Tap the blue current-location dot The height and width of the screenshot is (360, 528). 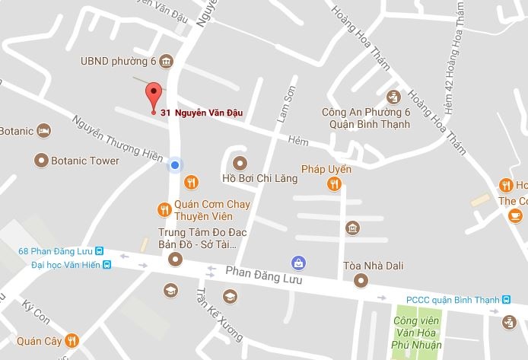(175, 165)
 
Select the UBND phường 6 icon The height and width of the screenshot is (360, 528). (166, 61)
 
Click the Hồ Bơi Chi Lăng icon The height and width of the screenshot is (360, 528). (240, 162)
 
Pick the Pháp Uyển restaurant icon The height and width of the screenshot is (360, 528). (333, 183)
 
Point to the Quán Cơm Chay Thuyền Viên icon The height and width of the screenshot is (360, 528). (163, 209)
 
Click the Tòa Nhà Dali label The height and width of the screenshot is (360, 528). (373, 266)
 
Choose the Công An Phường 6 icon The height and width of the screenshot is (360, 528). (393, 97)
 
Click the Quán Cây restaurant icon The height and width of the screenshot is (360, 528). (72, 340)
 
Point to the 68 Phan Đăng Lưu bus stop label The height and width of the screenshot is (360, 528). (56, 252)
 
